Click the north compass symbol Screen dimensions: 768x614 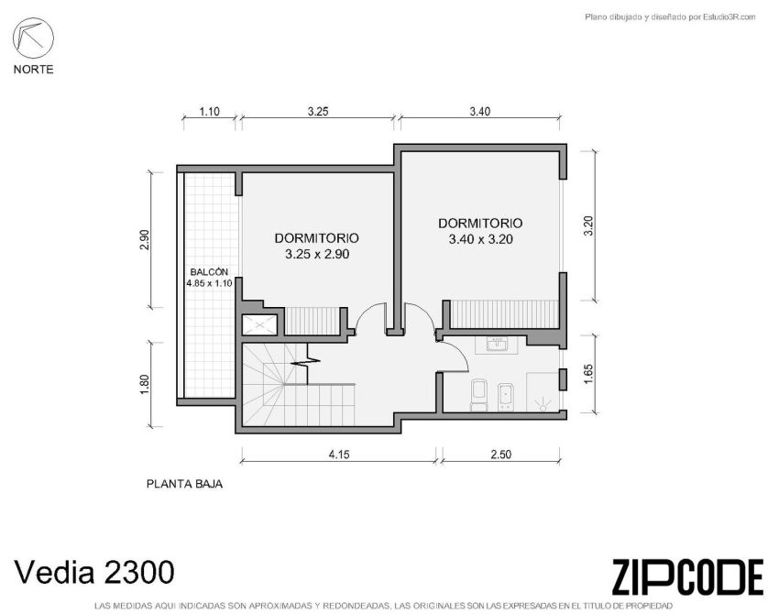(x=33, y=38)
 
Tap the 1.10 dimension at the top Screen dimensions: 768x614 (x=209, y=112)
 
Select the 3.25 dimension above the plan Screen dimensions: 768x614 (x=318, y=112)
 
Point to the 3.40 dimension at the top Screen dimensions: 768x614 (x=480, y=112)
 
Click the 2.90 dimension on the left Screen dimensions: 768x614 (x=144, y=240)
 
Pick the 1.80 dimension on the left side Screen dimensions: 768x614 (x=144, y=384)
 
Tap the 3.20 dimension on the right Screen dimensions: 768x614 (x=588, y=226)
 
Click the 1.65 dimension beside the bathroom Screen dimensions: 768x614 (x=588, y=374)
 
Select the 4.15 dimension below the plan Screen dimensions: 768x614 (x=339, y=455)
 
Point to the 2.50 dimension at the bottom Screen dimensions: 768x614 (x=500, y=455)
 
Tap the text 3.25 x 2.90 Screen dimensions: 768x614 (x=317, y=255)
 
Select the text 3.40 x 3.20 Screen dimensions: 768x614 (x=480, y=240)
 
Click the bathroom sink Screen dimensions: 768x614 (x=499, y=345)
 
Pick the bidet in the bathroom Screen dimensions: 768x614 (x=506, y=397)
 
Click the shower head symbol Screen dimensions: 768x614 (x=543, y=404)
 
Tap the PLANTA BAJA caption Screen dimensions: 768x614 (x=184, y=484)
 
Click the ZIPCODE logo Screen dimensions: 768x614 (x=687, y=577)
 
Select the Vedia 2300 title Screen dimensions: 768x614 (x=94, y=572)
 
